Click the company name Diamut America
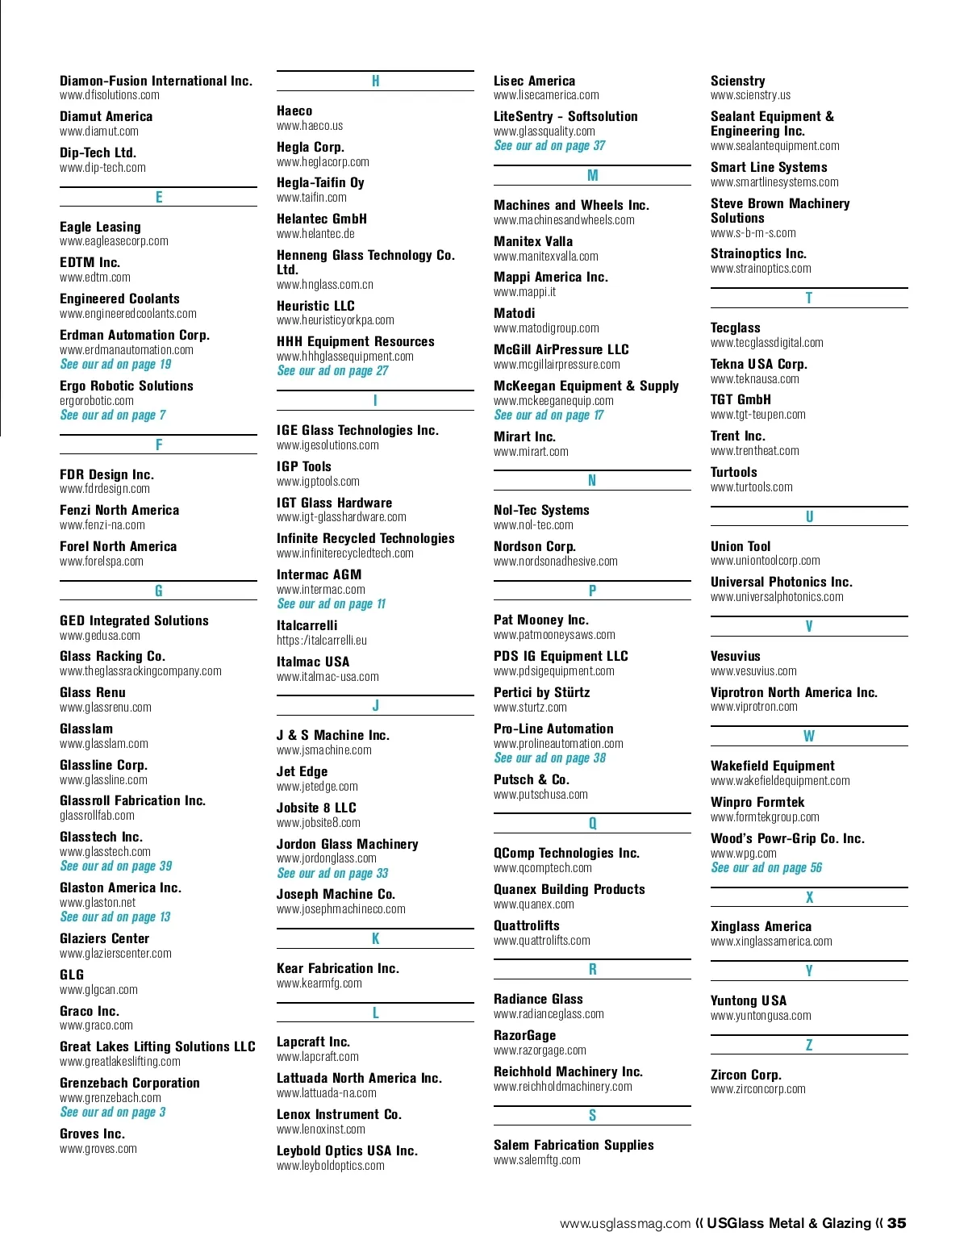[x=106, y=116]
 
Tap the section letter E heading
[x=159, y=198]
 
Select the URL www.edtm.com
[x=95, y=278]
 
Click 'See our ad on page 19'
[x=115, y=365]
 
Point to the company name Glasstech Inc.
[x=101, y=837]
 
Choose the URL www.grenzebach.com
[x=111, y=1098]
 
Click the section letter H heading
[x=375, y=81]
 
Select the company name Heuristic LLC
[x=315, y=306]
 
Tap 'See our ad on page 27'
[x=332, y=371]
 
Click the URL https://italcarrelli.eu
[x=322, y=641]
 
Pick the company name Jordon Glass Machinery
[x=347, y=844]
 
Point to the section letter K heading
[x=375, y=939]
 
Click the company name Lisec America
[x=534, y=81]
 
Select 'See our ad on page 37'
[x=549, y=146]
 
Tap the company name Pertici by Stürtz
[x=541, y=692]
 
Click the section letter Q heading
[x=592, y=824]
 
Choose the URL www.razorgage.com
[x=540, y=1050]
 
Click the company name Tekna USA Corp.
[x=758, y=364]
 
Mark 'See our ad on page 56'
[x=766, y=868]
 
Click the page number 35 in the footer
[x=896, y=1223]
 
